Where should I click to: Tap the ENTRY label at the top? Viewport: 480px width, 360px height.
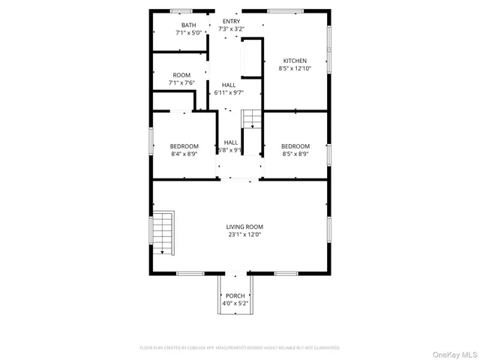tap(231, 22)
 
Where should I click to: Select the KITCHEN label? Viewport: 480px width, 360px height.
tap(295, 61)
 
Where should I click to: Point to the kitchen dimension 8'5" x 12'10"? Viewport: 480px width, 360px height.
tap(295, 68)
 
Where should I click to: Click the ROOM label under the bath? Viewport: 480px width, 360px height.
tap(181, 75)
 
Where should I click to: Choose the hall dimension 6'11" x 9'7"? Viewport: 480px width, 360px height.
tap(228, 92)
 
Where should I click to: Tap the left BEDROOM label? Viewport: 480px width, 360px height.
tap(184, 146)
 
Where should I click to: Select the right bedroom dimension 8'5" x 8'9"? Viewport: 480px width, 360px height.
tap(295, 154)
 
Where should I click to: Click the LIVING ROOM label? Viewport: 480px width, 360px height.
tap(244, 226)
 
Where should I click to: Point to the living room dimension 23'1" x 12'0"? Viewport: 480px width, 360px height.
tap(244, 234)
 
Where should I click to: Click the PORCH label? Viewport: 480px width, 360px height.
tap(235, 296)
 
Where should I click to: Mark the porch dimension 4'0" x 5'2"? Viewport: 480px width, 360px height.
tap(235, 304)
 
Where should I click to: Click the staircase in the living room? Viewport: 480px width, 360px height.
tap(163, 233)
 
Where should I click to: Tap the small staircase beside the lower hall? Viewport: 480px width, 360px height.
tap(250, 118)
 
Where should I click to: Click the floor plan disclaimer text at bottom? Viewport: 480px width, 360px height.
tap(240, 348)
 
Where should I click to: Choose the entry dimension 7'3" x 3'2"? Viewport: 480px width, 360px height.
tap(231, 29)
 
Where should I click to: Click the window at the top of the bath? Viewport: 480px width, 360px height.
tap(181, 11)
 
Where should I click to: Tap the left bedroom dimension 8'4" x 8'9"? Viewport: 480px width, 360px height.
tap(184, 154)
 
